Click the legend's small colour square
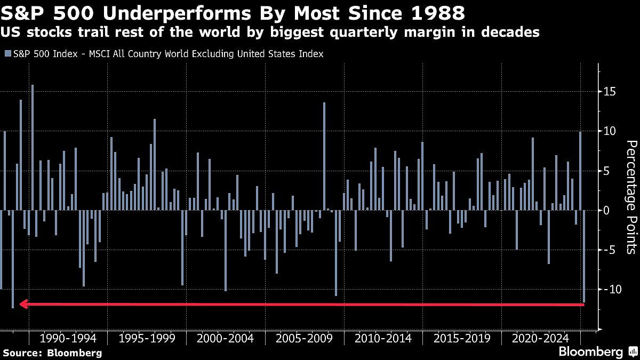(7, 54)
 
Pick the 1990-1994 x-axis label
(68, 338)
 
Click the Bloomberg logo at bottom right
(590, 352)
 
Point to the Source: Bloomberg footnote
(52, 353)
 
